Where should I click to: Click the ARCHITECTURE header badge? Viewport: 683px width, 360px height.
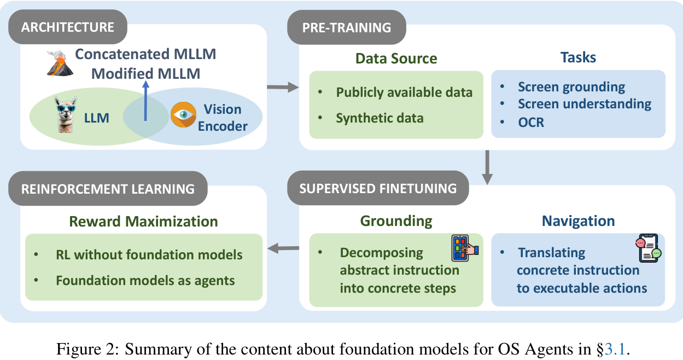[x=68, y=27]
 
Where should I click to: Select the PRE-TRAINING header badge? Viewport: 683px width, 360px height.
[x=347, y=27]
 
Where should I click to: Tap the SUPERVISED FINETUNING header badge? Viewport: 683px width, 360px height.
[x=378, y=189]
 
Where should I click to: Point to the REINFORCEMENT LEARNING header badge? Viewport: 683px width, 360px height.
[x=108, y=189]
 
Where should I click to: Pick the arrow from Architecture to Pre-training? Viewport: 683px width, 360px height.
[x=282, y=86]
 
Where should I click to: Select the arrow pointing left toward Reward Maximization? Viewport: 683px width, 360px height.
[x=284, y=249]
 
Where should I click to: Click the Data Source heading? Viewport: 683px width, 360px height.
[x=396, y=59]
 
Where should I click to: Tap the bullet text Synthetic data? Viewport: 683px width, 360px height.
[x=380, y=118]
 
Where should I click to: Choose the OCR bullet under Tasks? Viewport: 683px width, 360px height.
[x=531, y=121]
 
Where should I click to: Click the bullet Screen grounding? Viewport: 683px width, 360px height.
[x=571, y=86]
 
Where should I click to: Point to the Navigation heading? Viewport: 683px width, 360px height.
[x=578, y=221]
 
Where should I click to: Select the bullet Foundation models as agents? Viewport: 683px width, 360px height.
[x=145, y=281]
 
